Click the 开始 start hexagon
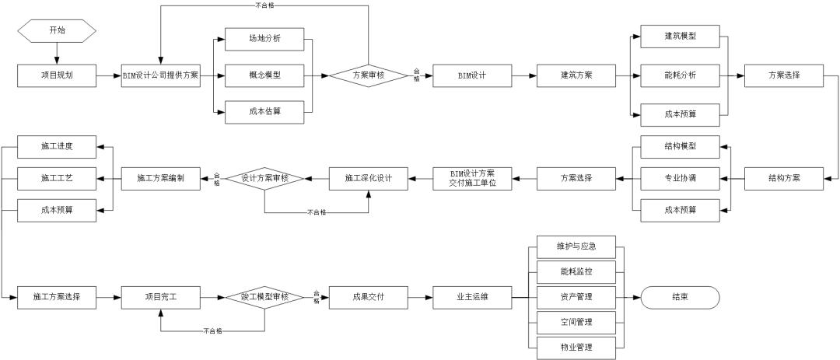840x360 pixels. tap(57, 31)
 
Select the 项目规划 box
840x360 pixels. tap(57, 76)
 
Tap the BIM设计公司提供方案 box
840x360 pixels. tap(160, 76)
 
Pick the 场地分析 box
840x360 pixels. tap(264, 39)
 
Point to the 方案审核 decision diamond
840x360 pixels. tap(368, 76)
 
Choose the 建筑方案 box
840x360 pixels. tap(576, 76)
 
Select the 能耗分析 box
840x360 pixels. tap(680, 76)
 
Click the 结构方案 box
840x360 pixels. tap(783, 178)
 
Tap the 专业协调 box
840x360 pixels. tap(680, 178)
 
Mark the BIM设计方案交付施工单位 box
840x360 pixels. tap(472, 178)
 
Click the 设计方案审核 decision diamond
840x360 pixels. tap(264, 178)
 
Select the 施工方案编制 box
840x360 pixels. tap(160, 178)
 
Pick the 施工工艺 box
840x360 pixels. tap(57, 178)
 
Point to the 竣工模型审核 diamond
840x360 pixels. tap(264, 297)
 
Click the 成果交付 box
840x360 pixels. tap(368, 297)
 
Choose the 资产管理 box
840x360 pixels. tap(576, 297)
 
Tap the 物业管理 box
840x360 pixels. tap(576, 346)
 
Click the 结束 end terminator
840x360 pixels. tap(680, 297)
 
